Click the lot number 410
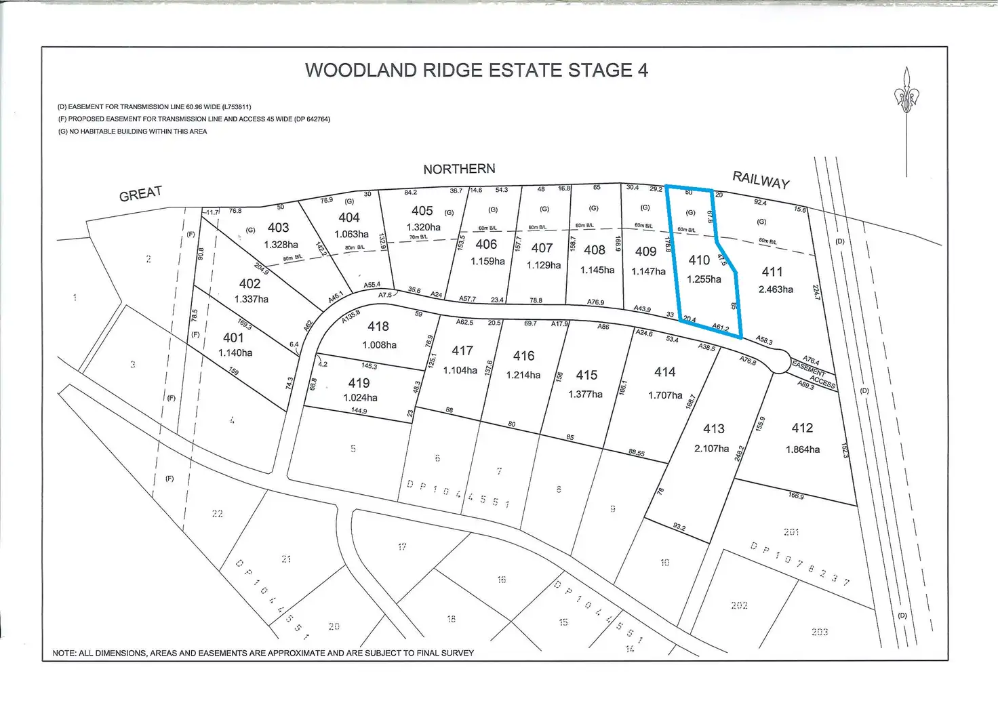pos(699,260)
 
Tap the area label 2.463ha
pos(776,289)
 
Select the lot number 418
pos(378,327)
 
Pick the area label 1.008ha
pos(379,345)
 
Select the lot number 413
pos(713,429)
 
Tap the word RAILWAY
pos(761,180)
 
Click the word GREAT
pos(140,195)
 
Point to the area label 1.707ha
pos(665,395)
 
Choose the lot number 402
pos(249,284)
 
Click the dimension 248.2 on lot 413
pos(740,453)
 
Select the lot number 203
pos(819,632)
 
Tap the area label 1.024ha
pos(360,398)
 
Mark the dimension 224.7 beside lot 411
pos(816,292)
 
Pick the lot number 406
pos(486,244)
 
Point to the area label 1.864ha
pos(802,449)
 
